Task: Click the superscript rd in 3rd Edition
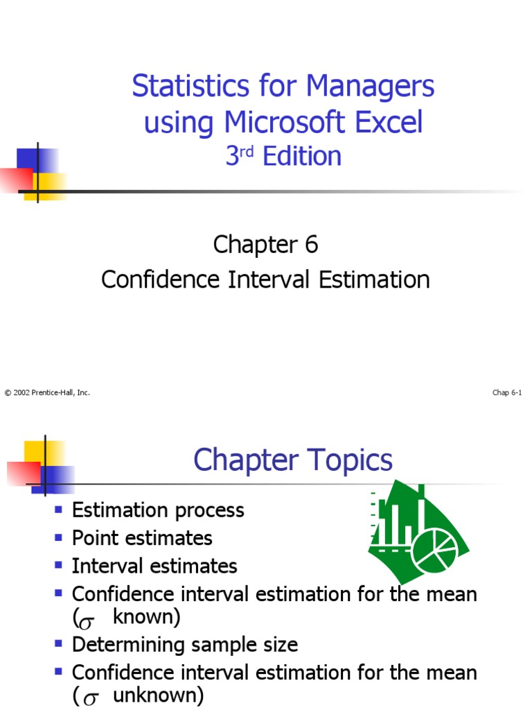[247, 150]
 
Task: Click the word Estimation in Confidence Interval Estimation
[374, 279]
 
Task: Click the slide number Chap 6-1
[507, 393]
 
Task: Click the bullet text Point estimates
[142, 538]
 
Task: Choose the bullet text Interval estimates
[154, 566]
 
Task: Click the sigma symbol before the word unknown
[89, 698]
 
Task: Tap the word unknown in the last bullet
[158, 695]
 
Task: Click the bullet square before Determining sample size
[59, 645]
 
